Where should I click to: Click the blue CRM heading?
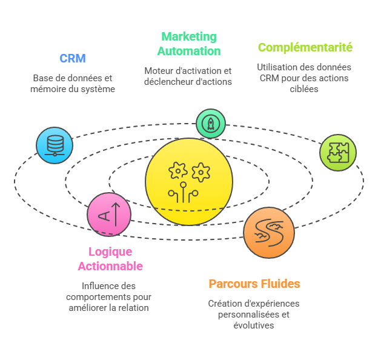click(72, 58)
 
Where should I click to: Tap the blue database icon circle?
click(55, 145)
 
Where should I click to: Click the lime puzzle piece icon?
click(337, 152)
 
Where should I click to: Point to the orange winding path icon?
click(268, 233)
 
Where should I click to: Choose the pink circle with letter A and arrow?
click(109, 214)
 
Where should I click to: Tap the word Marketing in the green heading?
click(188, 37)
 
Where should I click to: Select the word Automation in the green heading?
click(188, 51)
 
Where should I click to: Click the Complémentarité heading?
click(305, 47)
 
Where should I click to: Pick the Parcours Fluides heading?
click(254, 284)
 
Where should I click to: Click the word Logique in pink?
click(110, 252)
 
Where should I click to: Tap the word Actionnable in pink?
click(110, 265)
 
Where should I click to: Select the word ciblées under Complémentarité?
click(304, 89)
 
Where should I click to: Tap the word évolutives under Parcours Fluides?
click(254, 325)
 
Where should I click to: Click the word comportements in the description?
click(100, 297)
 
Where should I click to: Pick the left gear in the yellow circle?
click(178, 171)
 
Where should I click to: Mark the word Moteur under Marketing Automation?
click(158, 71)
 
